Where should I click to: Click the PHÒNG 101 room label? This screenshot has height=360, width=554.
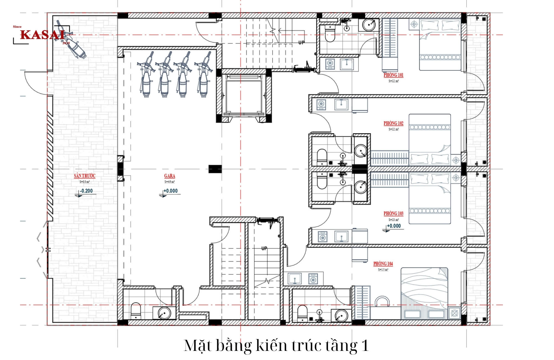393,75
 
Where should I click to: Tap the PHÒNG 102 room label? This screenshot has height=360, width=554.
393,123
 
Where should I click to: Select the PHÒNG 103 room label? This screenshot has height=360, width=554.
393,214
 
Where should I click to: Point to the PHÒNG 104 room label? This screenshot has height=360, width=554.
383,264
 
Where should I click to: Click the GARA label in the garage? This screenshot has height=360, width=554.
170,176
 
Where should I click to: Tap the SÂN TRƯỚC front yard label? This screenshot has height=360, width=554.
84,176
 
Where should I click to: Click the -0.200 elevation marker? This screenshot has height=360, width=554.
86,191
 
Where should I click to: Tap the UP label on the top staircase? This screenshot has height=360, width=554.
301,43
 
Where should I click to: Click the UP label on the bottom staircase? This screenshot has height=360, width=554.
264,248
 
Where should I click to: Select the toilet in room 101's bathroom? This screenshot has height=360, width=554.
330,35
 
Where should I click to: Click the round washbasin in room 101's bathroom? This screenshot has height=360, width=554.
369,25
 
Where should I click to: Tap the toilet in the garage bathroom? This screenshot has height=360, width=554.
136,311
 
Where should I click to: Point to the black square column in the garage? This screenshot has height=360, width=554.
215,169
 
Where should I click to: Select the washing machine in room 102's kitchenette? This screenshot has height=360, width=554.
321,104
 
